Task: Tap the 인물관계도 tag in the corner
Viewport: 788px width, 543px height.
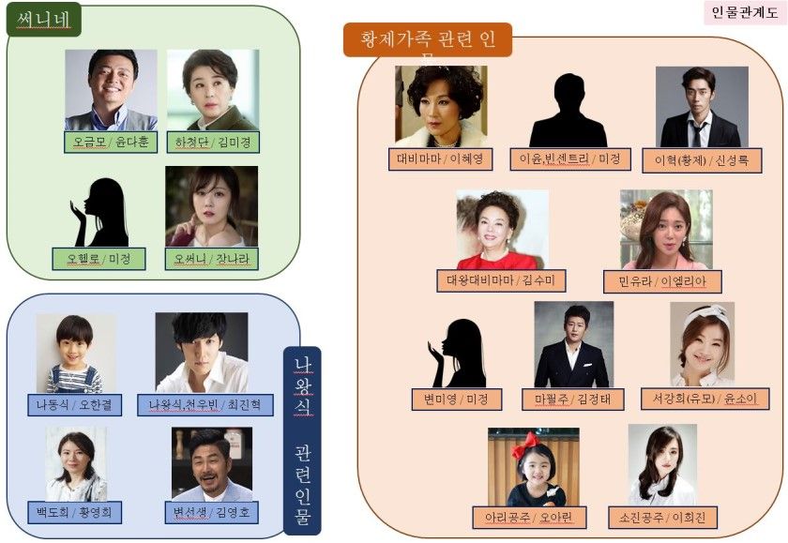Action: click(744, 13)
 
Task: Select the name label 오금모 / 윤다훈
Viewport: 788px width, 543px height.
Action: click(111, 143)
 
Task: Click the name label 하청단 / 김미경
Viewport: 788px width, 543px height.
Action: click(213, 143)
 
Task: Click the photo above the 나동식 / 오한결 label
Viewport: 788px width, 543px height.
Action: click(76, 353)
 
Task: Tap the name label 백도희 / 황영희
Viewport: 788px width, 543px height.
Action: click(75, 513)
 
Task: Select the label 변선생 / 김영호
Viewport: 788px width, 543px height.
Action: click(211, 513)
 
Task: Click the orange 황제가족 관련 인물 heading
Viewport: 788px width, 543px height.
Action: click(427, 40)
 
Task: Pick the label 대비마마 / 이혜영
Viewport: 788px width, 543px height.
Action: click(441, 159)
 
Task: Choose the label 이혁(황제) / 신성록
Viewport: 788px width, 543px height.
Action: click(702, 160)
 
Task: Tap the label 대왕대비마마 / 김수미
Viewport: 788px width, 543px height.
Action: click(501, 280)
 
